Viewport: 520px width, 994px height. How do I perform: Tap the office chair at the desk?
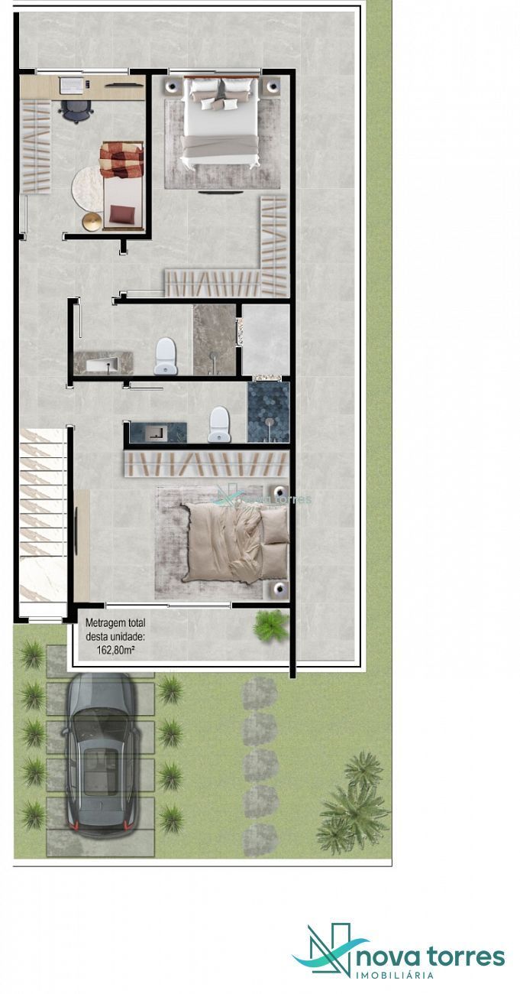pyautogui.click(x=76, y=112)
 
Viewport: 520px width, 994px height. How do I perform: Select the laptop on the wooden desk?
pyautogui.click(x=70, y=85)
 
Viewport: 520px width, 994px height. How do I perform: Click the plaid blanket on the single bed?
pyautogui.click(x=121, y=159)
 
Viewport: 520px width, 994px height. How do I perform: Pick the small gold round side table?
pyautogui.click(x=92, y=221)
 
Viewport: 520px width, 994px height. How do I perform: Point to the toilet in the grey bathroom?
pyautogui.click(x=165, y=356)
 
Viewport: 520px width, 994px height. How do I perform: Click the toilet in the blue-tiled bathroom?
pyautogui.click(x=219, y=424)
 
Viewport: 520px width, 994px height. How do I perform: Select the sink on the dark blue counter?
pyautogui.click(x=155, y=433)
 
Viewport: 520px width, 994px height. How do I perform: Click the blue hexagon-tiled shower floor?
pyautogui.click(x=269, y=412)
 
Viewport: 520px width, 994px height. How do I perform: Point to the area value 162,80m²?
pyautogui.click(x=115, y=651)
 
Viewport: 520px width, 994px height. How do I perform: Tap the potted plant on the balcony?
pyautogui.click(x=270, y=625)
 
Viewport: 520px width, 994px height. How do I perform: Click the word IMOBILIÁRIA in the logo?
pyautogui.click(x=395, y=975)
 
